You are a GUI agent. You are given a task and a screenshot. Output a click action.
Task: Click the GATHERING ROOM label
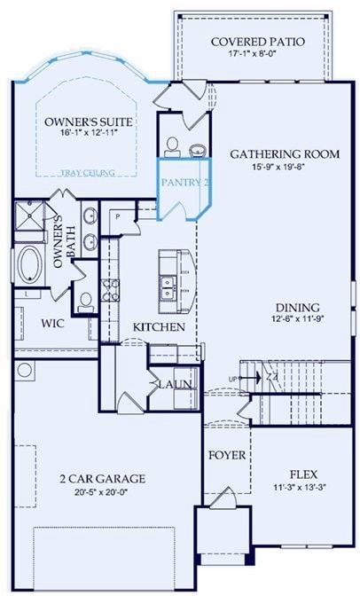click(285, 153)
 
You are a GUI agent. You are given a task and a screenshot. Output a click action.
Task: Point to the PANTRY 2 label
click(184, 182)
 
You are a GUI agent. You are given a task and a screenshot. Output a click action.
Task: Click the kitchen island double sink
click(167, 286)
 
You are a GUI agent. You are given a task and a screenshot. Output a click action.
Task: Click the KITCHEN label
click(159, 327)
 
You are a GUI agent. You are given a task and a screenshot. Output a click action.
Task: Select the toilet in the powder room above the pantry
click(173, 145)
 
